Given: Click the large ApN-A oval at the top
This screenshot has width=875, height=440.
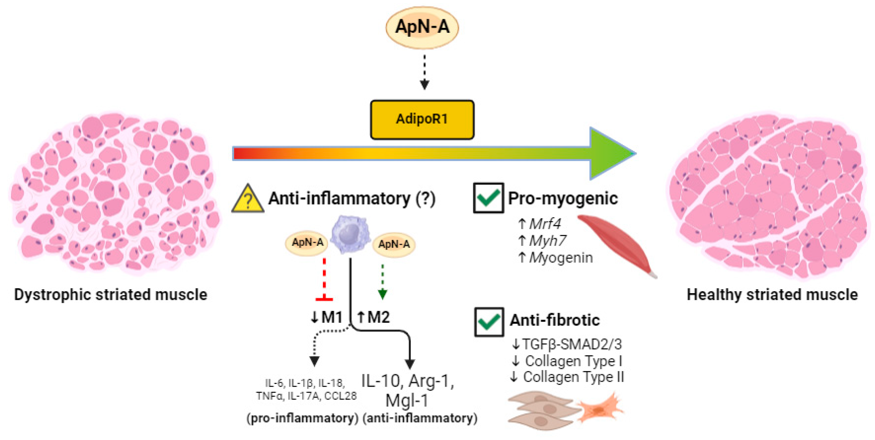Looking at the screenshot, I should point(422,27).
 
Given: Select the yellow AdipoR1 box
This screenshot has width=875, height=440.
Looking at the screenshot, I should point(422,119).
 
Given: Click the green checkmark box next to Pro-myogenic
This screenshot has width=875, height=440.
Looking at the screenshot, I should point(488,198).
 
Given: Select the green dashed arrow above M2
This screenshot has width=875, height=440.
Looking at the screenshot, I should point(383,282).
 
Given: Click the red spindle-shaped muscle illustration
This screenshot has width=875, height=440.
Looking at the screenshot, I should point(617,244).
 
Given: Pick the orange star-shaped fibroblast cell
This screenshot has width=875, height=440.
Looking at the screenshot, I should point(600,409).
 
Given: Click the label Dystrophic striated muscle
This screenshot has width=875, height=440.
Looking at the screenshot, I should point(111,295).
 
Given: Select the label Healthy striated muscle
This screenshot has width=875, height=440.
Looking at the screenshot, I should point(772,295).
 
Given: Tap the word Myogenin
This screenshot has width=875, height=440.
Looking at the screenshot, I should point(561,258).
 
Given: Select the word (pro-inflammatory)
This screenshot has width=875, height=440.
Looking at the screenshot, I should point(302,418).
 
